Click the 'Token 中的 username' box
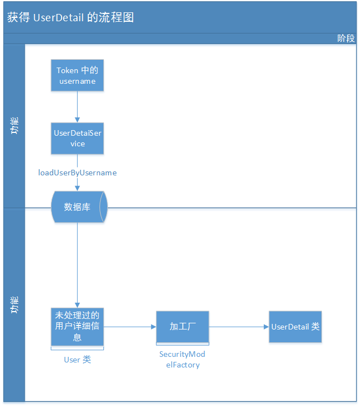click(77, 75)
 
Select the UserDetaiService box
click(77, 138)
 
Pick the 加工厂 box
click(182, 327)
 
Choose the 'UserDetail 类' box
click(295, 327)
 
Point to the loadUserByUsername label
click(77, 173)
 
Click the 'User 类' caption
click(77, 360)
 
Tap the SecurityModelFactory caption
click(182, 360)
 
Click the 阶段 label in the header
click(345, 38)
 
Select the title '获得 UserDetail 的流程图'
click(70, 17)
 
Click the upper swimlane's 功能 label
click(14, 126)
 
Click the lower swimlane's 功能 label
click(14, 305)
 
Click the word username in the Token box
click(77, 81)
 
